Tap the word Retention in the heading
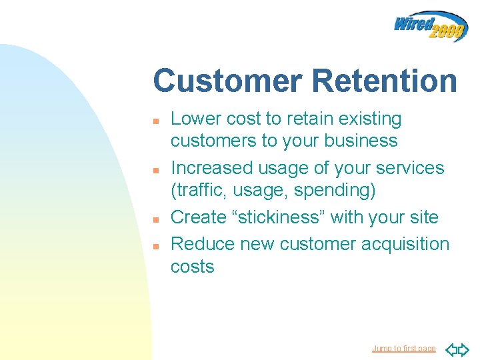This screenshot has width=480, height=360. (384, 81)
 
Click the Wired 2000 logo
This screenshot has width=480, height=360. (430, 26)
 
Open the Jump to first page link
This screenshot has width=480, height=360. (403, 349)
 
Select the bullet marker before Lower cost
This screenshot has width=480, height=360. (155, 122)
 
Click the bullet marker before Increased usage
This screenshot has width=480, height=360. (155, 171)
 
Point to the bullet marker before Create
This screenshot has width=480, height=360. (155, 219)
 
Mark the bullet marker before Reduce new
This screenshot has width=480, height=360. (155, 246)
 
